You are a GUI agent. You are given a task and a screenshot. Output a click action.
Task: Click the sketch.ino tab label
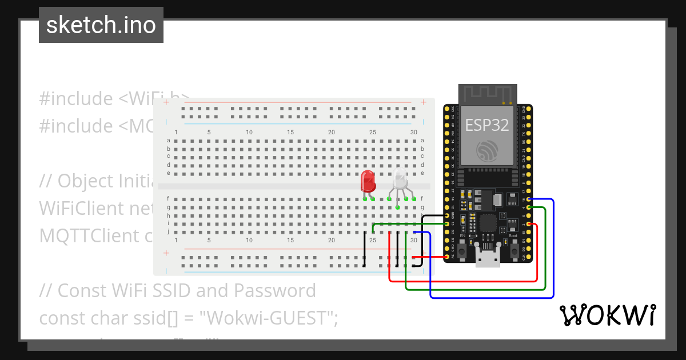(x=101, y=25)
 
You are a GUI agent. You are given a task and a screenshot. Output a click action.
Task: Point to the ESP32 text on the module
(x=487, y=125)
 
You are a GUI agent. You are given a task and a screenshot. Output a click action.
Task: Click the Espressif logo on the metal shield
(x=487, y=150)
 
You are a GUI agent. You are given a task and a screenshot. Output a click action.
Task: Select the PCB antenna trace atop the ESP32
(x=488, y=94)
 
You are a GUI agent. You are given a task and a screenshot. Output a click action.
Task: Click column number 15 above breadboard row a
(x=290, y=133)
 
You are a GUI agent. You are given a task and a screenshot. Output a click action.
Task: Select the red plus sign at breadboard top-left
(x=166, y=102)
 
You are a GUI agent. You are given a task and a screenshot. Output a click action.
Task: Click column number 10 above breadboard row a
(x=249, y=133)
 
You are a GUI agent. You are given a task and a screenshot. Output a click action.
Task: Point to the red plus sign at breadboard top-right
(x=423, y=102)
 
